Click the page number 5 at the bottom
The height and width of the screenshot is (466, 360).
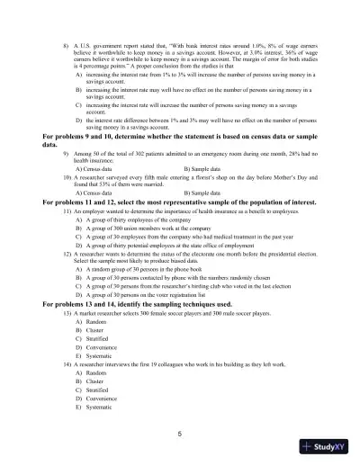pyautogui.click(x=180, y=434)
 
